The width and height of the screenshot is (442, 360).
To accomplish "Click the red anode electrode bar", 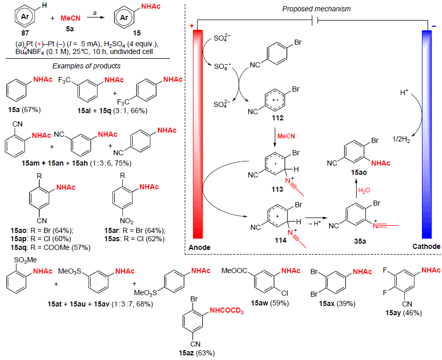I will [x=199, y=134].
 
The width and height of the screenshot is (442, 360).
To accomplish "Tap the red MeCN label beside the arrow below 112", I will [x=286, y=136].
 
